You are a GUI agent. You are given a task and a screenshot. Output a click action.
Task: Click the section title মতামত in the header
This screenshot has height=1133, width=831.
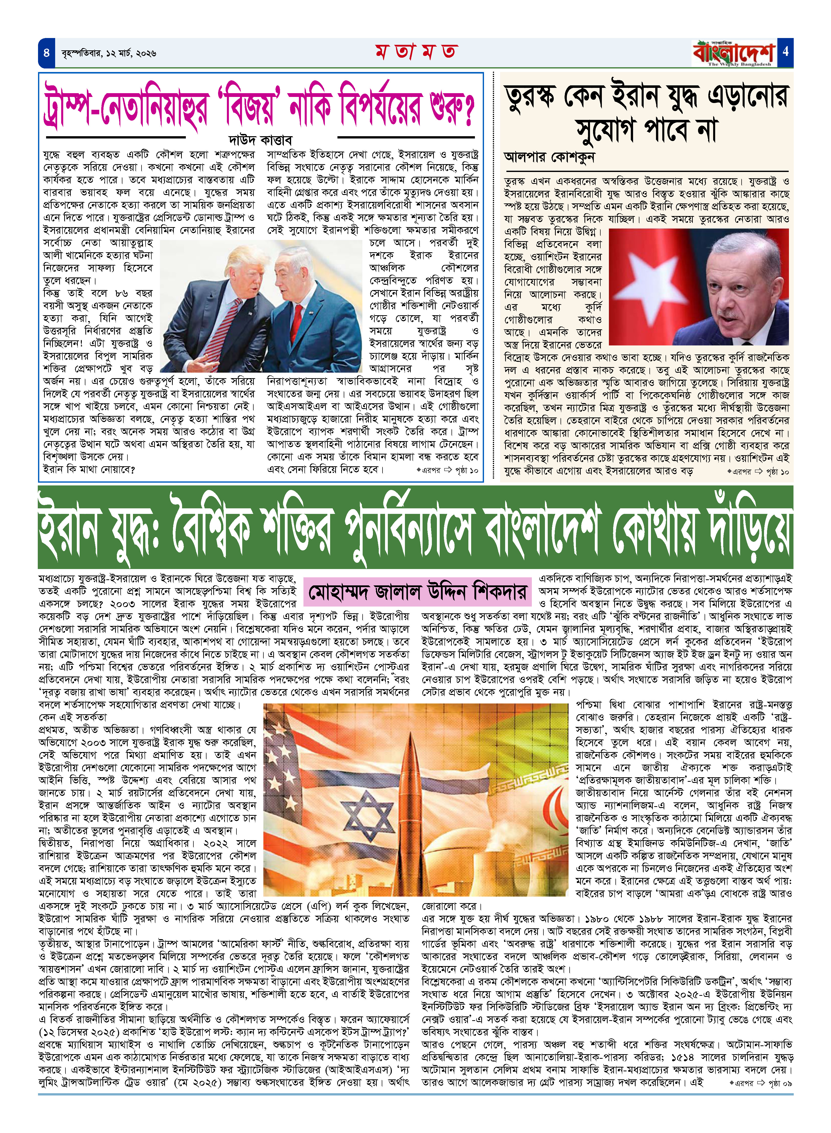pos(415,52)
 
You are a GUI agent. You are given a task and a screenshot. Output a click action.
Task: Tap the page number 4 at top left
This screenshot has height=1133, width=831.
pos(46,52)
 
